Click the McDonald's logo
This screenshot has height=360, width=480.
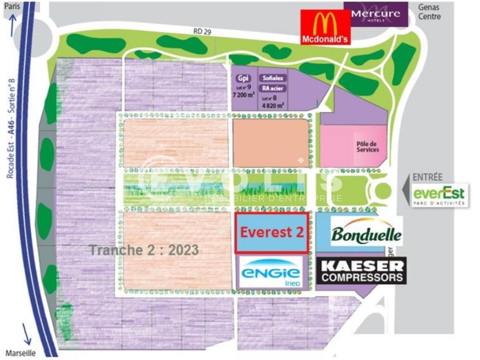(325, 27)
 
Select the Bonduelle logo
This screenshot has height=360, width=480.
(366, 232)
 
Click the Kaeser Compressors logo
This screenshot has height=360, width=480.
(361, 270)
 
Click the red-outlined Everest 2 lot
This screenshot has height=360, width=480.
(272, 232)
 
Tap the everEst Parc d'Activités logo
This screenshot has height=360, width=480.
(439, 195)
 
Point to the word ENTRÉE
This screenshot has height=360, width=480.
(427, 177)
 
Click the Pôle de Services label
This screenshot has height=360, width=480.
(367, 147)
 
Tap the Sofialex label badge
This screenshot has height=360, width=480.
(273, 78)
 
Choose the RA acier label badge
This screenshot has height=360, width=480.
(273, 88)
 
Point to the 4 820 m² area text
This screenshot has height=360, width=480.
(273, 105)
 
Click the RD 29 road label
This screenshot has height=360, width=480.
(202, 31)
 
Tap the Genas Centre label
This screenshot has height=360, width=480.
(429, 12)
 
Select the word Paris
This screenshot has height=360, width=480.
(12, 6)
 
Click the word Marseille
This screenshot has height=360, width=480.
(21, 353)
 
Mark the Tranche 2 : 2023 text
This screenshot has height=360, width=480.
(144, 250)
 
